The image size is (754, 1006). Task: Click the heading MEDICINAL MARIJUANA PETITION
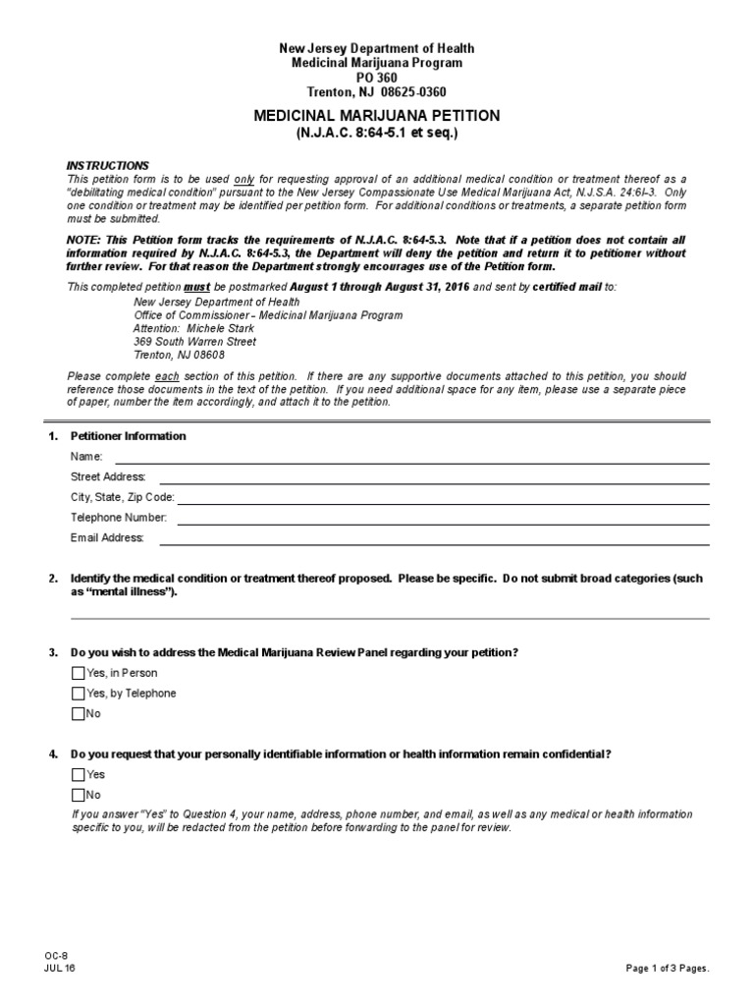377,116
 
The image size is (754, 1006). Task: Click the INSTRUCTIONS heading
107,165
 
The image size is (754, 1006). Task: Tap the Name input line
412,458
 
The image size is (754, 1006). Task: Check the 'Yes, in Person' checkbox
79,673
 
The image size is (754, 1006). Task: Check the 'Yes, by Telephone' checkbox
79,694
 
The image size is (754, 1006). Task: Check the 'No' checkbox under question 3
79,714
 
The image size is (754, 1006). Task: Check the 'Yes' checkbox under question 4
79,775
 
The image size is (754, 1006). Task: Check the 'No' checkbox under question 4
79,795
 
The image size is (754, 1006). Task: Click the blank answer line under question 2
389,617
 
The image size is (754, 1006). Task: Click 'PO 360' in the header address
377,78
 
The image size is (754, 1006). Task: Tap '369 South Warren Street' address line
194,342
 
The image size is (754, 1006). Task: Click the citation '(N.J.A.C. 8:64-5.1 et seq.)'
377,133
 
